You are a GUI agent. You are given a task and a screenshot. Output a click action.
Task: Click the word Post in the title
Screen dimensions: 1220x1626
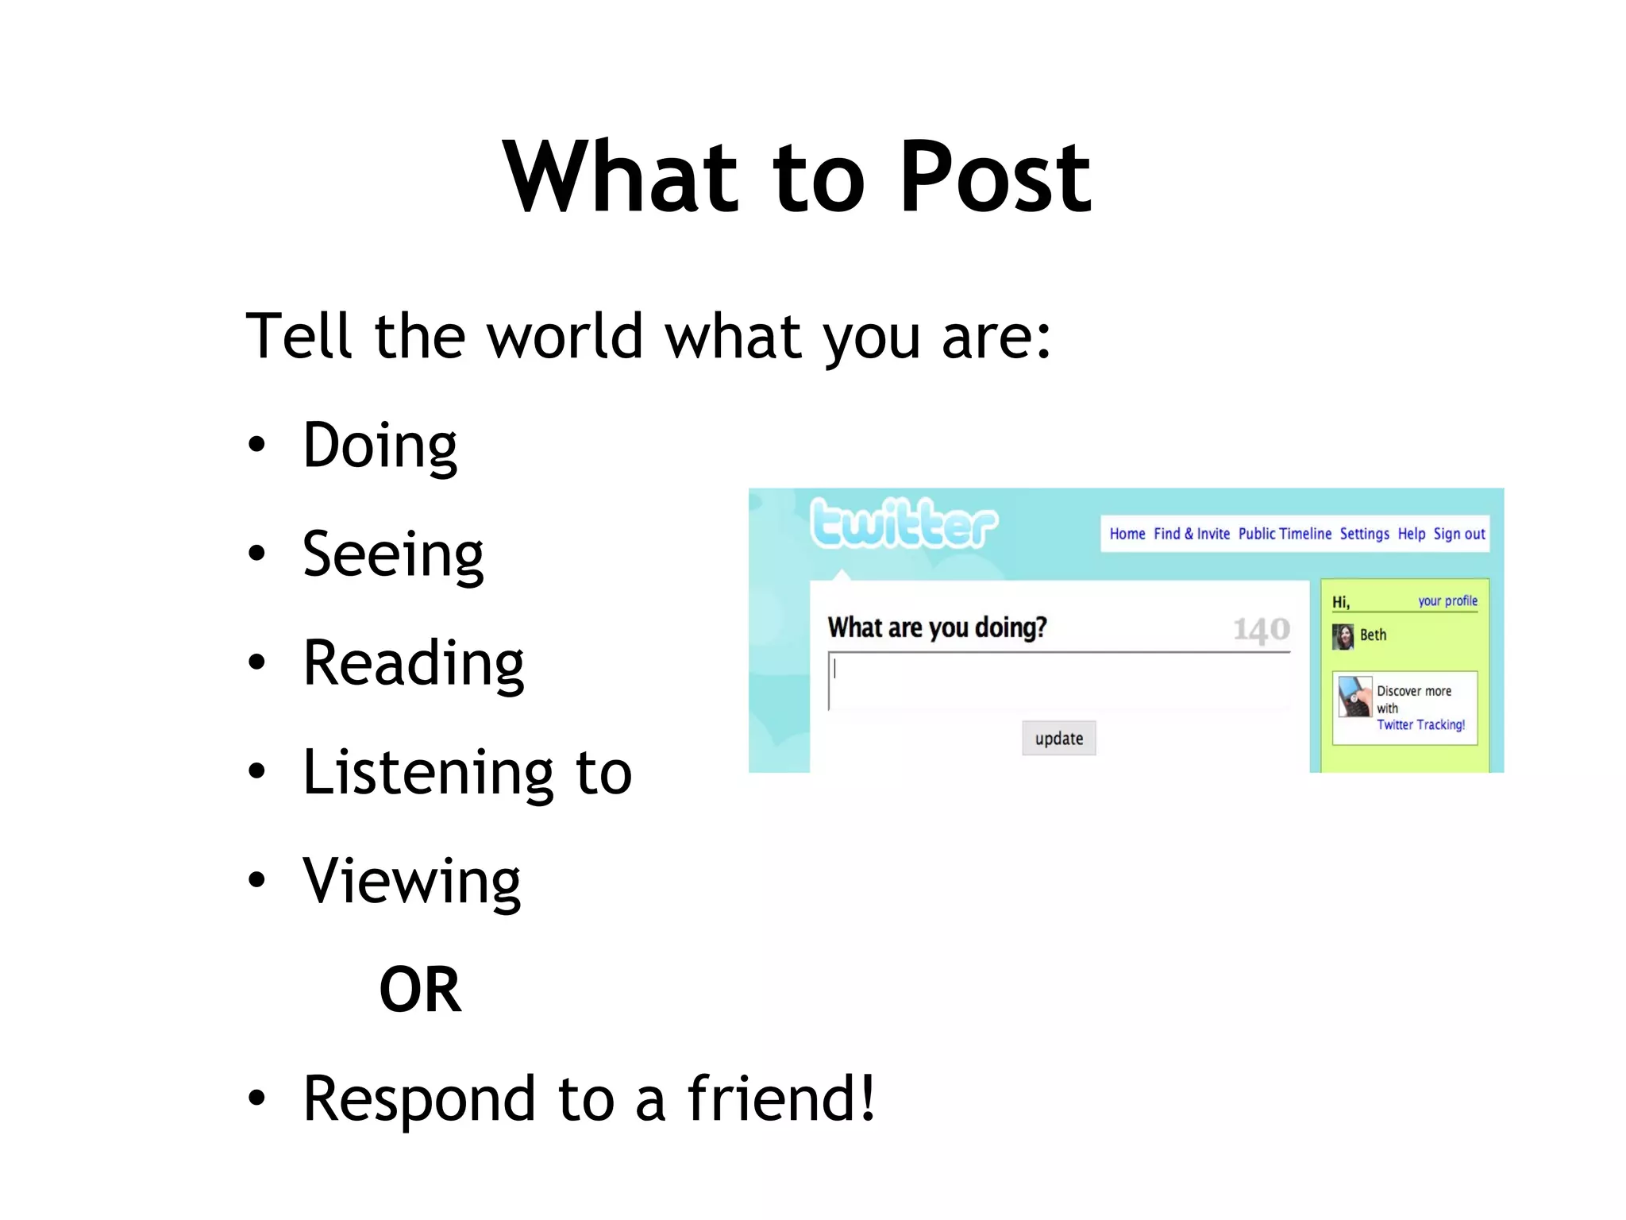tap(996, 178)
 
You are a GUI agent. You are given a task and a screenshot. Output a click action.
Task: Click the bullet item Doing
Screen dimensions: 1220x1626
tap(380, 446)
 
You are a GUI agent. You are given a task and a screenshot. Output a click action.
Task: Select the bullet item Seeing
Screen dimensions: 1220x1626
tap(393, 555)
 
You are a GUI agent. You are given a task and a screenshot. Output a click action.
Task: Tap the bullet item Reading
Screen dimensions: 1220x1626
tap(413, 664)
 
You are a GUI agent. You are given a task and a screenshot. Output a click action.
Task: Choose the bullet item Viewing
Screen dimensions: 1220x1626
tap(411, 882)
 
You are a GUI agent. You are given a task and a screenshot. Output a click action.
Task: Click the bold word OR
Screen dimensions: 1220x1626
tap(420, 990)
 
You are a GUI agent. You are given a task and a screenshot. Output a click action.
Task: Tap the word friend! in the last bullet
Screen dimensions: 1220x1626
tap(781, 1099)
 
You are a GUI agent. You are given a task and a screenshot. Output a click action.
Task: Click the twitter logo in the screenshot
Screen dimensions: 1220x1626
tap(904, 523)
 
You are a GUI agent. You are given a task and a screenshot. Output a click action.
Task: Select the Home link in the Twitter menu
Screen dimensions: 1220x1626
tap(1127, 534)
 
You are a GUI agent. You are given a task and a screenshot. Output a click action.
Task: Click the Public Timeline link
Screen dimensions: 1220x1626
tap(1285, 534)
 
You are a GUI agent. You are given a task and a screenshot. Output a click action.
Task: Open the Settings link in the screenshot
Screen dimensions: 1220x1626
tap(1364, 534)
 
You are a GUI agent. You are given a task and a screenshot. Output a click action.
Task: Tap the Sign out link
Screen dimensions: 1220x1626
tap(1458, 534)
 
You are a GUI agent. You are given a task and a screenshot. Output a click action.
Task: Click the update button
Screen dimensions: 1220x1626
tap(1058, 739)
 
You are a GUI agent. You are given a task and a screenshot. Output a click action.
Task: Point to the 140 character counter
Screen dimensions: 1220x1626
tap(1261, 630)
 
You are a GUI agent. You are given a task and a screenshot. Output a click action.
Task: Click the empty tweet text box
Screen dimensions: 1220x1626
tap(1058, 681)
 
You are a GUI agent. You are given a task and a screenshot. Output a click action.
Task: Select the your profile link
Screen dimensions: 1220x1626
tap(1447, 601)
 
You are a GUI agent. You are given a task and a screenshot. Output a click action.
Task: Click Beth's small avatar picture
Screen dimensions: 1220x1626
tap(1343, 636)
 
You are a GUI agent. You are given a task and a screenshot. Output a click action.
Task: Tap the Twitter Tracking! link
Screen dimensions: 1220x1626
tap(1420, 725)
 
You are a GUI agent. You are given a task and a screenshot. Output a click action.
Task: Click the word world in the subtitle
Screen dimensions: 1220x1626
tap(564, 337)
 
